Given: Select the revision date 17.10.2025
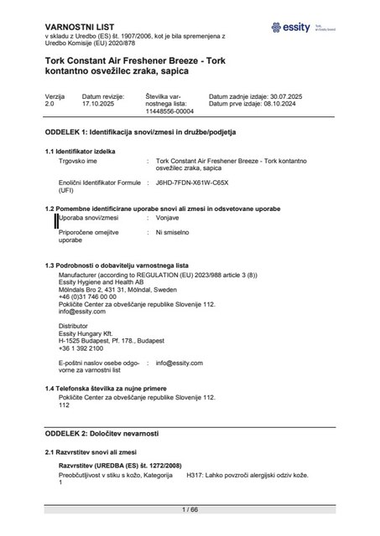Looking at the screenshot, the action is (98, 105).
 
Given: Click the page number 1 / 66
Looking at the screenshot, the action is (190, 508).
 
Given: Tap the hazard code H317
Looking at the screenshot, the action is (195, 475).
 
